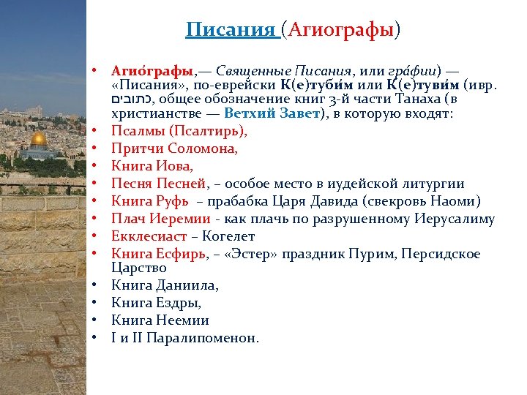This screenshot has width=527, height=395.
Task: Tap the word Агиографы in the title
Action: tap(342, 30)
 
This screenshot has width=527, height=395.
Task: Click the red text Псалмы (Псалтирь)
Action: tap(179, 131)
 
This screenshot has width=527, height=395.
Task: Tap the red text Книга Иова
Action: tap(152, 166)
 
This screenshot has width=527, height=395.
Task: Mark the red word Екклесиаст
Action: tap(151, 236)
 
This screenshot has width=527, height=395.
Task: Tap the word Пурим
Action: tap(370, 254)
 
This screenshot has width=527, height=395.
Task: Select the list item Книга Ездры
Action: tap(155, 303)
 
